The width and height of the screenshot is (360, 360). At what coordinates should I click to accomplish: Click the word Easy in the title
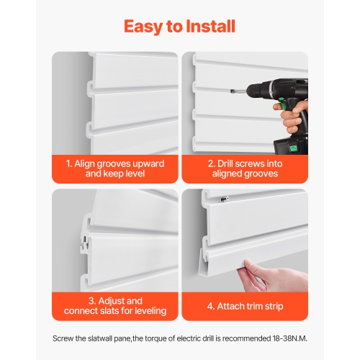coord(144,27)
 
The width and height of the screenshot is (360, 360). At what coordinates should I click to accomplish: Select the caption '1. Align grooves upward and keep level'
coord(115,168)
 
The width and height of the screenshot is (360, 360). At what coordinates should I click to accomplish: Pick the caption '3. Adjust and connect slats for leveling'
coord(115,305)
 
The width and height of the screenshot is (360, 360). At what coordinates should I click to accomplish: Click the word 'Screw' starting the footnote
coord(64,338)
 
